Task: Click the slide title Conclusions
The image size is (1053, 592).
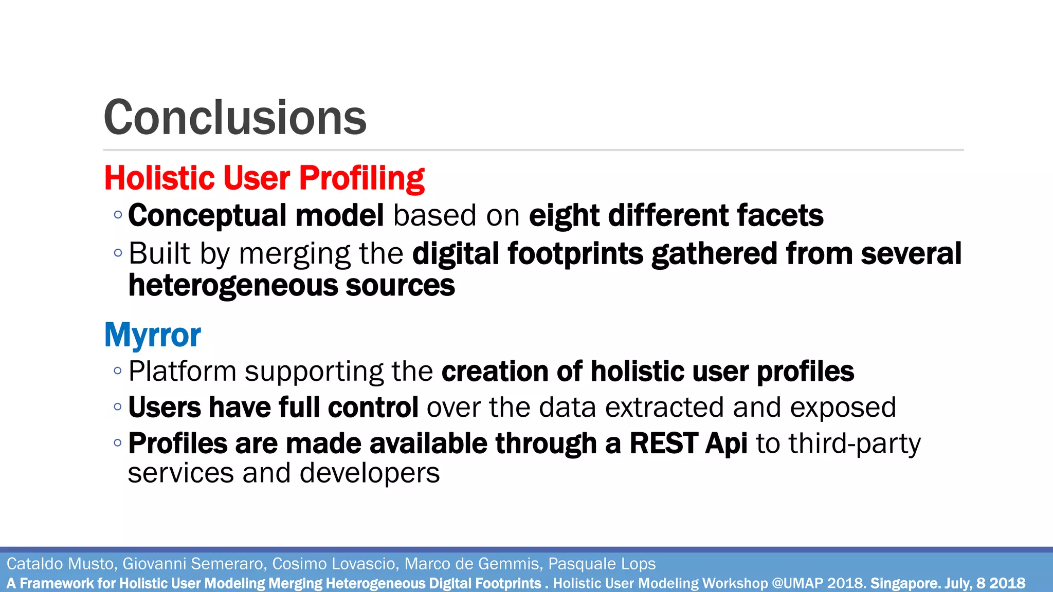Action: tap(235, 118)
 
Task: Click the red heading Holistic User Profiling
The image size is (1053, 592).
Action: tap(264, 178)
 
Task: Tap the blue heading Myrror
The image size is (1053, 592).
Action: tap(152, 335)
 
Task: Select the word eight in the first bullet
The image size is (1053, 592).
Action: tap(564, 215)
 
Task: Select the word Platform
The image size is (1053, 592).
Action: tap(182, 372)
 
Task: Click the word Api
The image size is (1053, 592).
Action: tap(726, 443)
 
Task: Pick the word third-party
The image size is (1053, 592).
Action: tap(855, 443)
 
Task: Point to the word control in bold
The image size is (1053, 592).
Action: tap(373, 408)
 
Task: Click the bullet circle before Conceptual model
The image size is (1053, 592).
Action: tap(118, 215)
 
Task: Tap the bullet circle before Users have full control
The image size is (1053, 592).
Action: tap(118, 407)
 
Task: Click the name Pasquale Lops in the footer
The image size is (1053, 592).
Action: tap(602, 564)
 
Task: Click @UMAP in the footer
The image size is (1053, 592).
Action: tap(798, 583)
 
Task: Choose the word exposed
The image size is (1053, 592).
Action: tap(843, 408)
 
